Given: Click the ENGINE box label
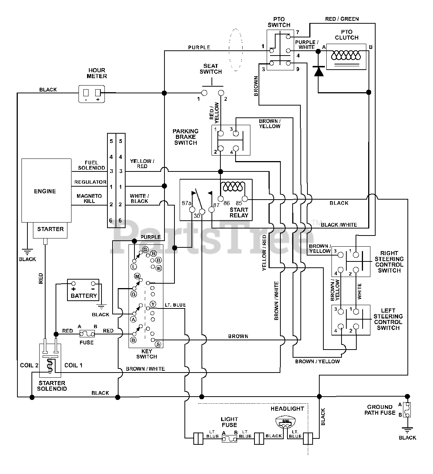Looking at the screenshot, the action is [x=45, y=191].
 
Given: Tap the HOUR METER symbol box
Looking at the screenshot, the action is [x=91, y=94].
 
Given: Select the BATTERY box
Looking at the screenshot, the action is [x=83, y=290].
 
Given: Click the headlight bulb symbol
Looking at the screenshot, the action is [x=286, y=422].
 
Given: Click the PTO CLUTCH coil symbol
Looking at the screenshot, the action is [x=346, y=56].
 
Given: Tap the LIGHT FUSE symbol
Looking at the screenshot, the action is [x=229, y=439].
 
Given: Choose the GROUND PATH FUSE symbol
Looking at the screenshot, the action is [x=407, y=410].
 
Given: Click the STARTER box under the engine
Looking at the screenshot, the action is [x=50, y=230].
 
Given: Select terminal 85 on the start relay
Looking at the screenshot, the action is [x=245, y=199].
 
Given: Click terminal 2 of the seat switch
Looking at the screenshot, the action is [x=221, y=93].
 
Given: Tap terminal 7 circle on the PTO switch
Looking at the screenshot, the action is [x=288, y=37].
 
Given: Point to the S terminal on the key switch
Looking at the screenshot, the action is [x=158, y=344].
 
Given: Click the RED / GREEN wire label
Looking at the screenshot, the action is [x=342, y=19].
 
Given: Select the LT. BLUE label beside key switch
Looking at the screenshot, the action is [x=175, y=305].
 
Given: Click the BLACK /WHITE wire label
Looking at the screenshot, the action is [x=339, y=225].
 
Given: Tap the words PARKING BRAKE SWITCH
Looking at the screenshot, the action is [x=186, y=137].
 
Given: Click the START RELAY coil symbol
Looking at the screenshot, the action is [x=233, y=187].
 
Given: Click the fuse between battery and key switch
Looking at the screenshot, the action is [x=87, y=334].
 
